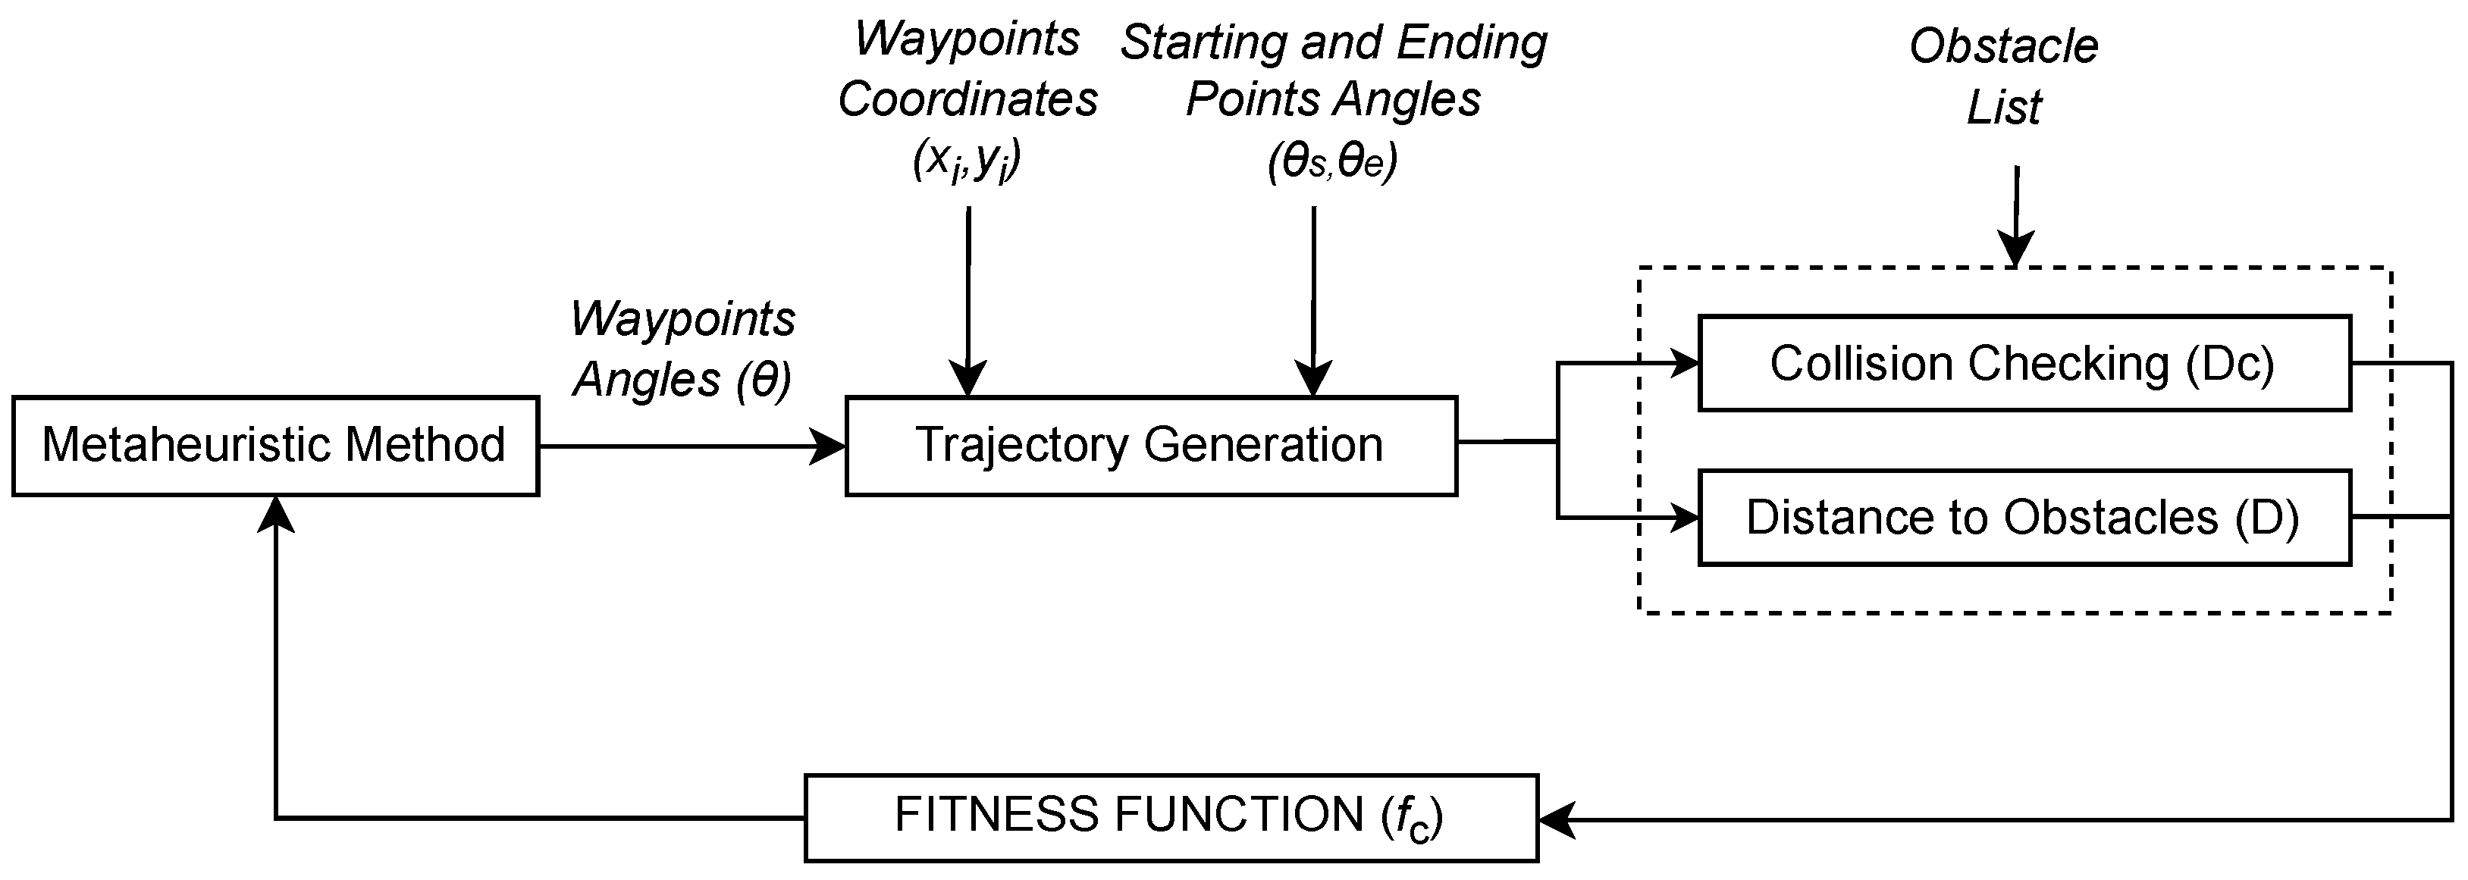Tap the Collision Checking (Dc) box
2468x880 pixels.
point(2024,364)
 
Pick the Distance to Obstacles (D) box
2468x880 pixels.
point(2024,517)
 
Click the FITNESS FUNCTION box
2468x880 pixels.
point(1171,817)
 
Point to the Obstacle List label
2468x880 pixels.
point(2003,77)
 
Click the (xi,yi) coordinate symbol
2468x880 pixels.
point(967,160)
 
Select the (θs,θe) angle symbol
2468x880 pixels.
point(1331,161)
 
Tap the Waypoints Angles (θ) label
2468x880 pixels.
point(682,349)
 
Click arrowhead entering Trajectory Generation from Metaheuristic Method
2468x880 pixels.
point(829,446)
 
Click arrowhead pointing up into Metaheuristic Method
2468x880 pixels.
point(276,513)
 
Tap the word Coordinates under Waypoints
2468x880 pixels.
point(967,99)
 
